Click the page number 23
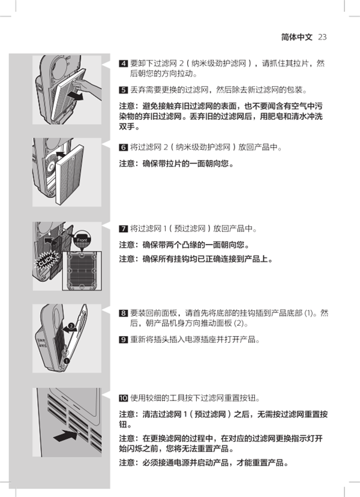(x=322, y=37)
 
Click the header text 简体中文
(x=297, y=37)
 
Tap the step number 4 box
(x=124, y=64)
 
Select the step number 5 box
(x=124, y=91)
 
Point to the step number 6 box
(x=124, y=147)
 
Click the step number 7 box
(x=124, y=228)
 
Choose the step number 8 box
(x=124, y=313)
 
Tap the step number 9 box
(x=124, y=339)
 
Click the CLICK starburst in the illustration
(x=46, y=263)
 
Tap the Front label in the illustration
(x=83, y=239)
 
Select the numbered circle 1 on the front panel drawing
(x=66, y=362)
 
